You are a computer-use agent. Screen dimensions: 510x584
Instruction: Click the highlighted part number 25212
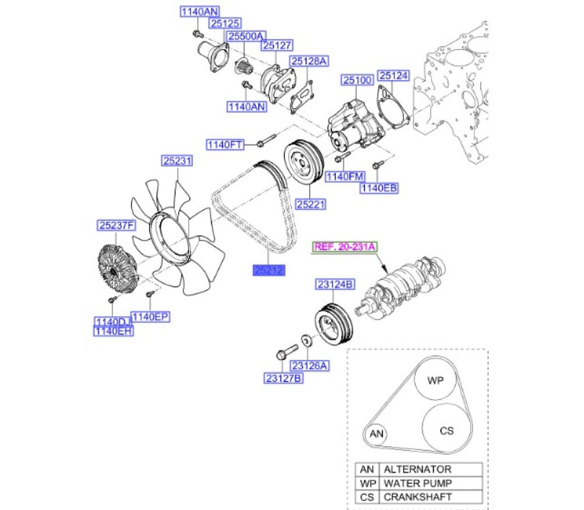(267, 270)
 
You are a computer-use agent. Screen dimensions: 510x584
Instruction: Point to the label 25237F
(116, 224)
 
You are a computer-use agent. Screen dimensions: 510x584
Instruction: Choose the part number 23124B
(335, 285)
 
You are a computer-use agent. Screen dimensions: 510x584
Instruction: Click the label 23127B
(283, 378)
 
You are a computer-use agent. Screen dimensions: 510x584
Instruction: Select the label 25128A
(310, 61)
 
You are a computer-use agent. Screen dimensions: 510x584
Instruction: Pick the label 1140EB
(379, 188)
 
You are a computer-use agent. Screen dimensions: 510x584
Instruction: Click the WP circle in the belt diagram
(436, 380)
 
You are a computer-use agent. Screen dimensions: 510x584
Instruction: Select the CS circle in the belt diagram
(446, 431)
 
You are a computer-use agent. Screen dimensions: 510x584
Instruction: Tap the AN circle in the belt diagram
(377, 434)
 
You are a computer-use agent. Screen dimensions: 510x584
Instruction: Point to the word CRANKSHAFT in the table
(418, 497)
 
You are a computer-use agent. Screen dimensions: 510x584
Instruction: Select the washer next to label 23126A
(305, 339)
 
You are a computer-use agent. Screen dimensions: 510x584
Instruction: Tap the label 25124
(394, 75)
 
